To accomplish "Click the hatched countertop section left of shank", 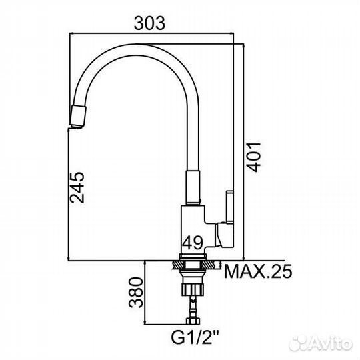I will click(177, 265).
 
